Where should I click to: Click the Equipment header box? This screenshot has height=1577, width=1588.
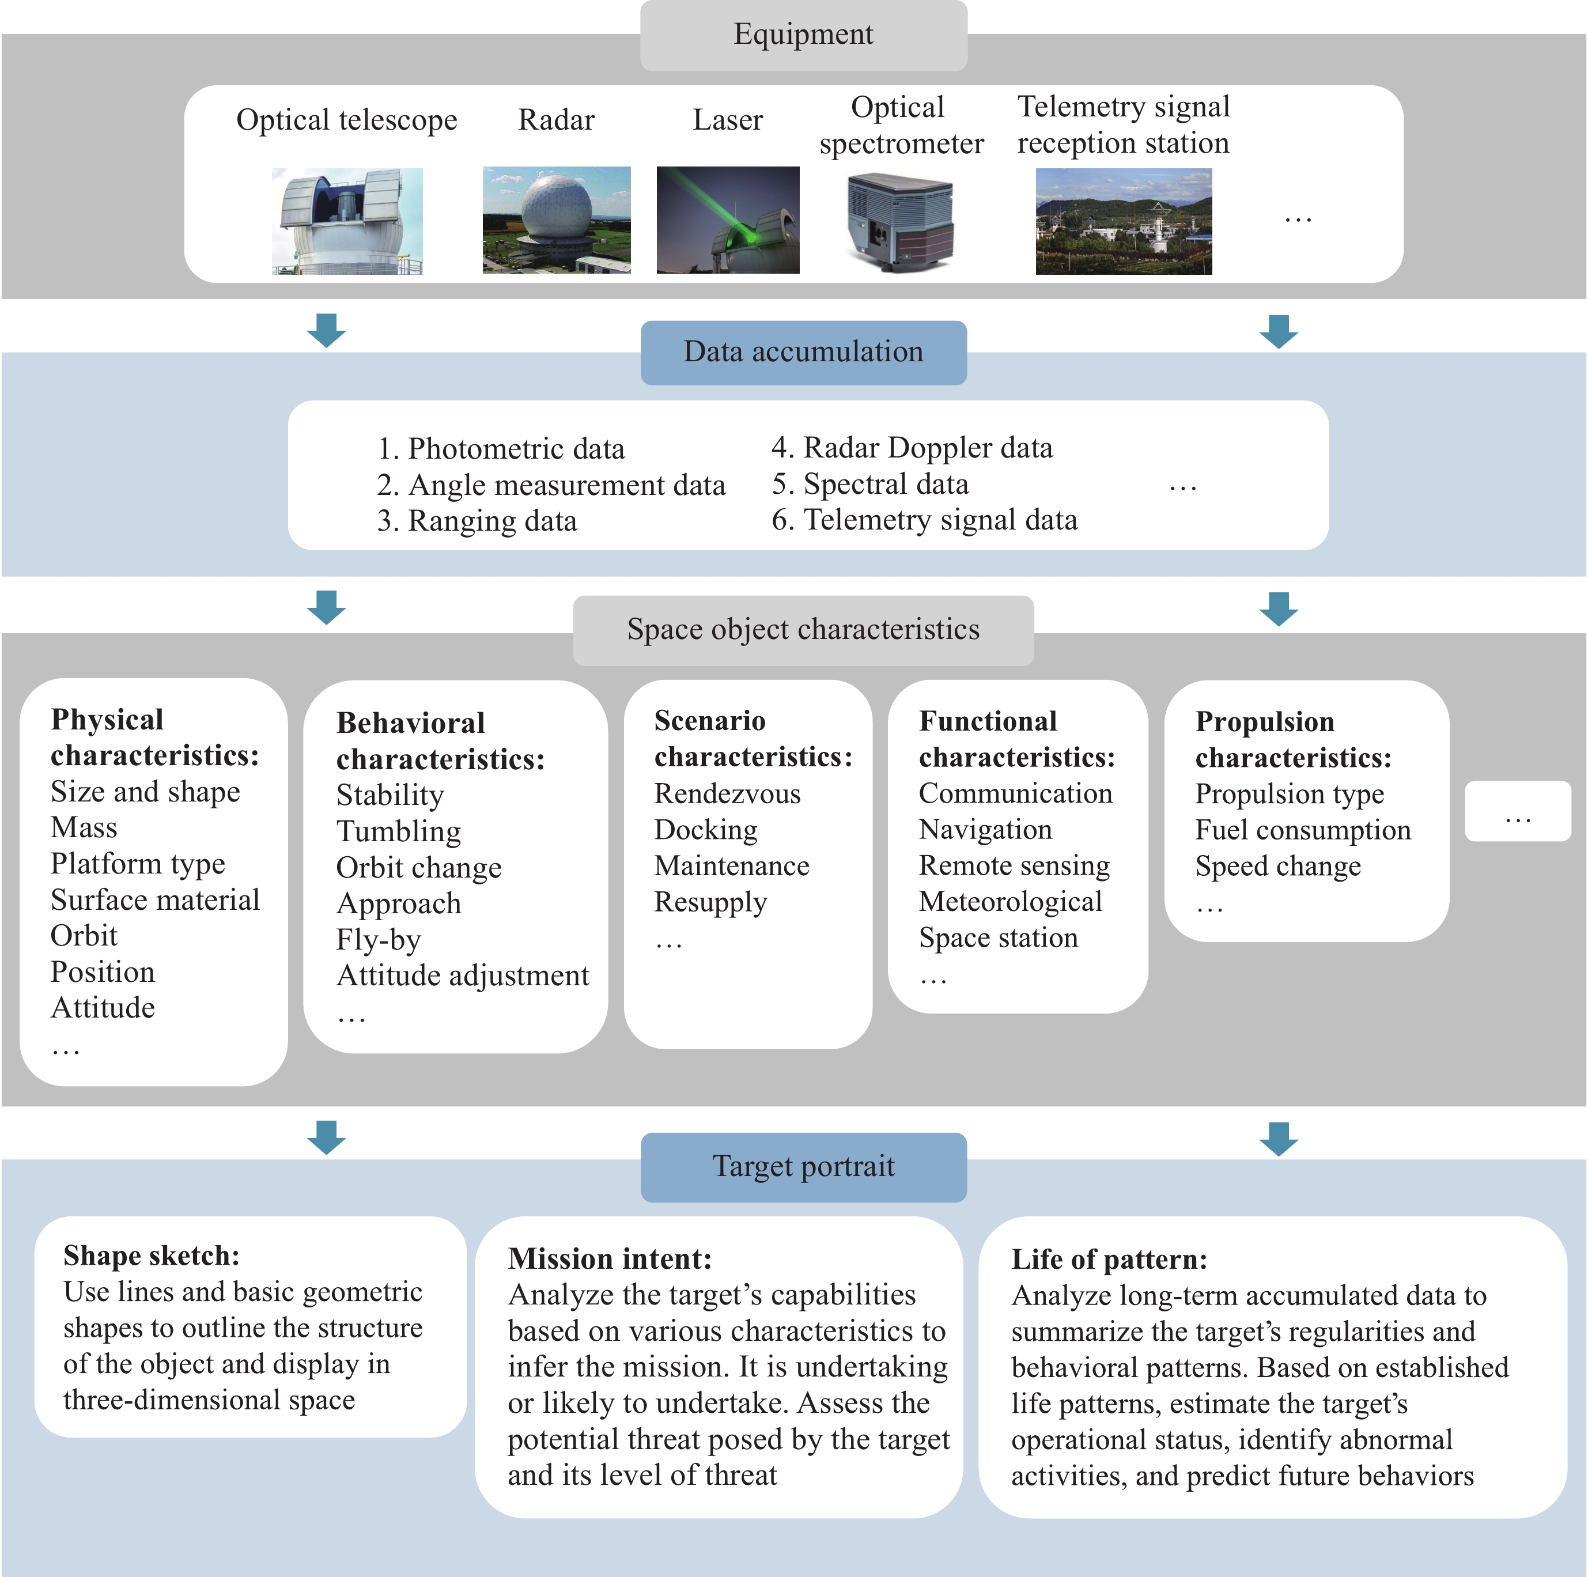click(x=803, y=35)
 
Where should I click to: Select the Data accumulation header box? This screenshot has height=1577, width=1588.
click(x=803, y=351)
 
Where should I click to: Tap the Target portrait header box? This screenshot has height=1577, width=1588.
click(x=803, y=1166)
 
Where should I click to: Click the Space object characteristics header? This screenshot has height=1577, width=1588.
click(x=803, y=630)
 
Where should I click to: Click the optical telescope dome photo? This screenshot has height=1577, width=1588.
click(x=347, y=221)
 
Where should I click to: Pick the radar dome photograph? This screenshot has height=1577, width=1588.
click(x=557, y=220)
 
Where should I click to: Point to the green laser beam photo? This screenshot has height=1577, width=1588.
click(x=727, y=220)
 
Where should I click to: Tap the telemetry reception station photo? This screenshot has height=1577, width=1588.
click(x=1123, y=221)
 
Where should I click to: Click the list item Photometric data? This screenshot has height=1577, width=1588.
click(x=501, y=449)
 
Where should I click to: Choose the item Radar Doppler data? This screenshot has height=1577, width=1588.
click(x=912, y=448)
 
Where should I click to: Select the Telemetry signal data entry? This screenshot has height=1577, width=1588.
click(x=925, y=520)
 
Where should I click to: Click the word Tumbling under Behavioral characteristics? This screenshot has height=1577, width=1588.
click(x=399, y=831)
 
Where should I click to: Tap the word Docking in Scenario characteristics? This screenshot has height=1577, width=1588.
click(x=706, y=830)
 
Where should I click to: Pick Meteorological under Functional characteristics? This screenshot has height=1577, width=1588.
click(x=1010, y=902)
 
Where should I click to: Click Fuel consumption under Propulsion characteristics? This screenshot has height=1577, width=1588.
click(x=1303, y=830)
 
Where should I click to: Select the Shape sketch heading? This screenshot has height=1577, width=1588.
click(x=151, y=1255)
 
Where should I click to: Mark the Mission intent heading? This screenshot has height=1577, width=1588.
click(x=610, y=1259)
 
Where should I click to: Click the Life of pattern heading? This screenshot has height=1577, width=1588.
click(x=1109, y=1260)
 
